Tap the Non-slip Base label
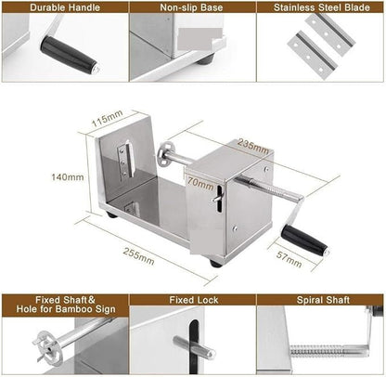coord(192,8)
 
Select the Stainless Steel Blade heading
coord(320,8)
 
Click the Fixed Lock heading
coord(192,301)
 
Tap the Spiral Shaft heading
coord(321,301)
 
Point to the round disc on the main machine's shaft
coord(165,156)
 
